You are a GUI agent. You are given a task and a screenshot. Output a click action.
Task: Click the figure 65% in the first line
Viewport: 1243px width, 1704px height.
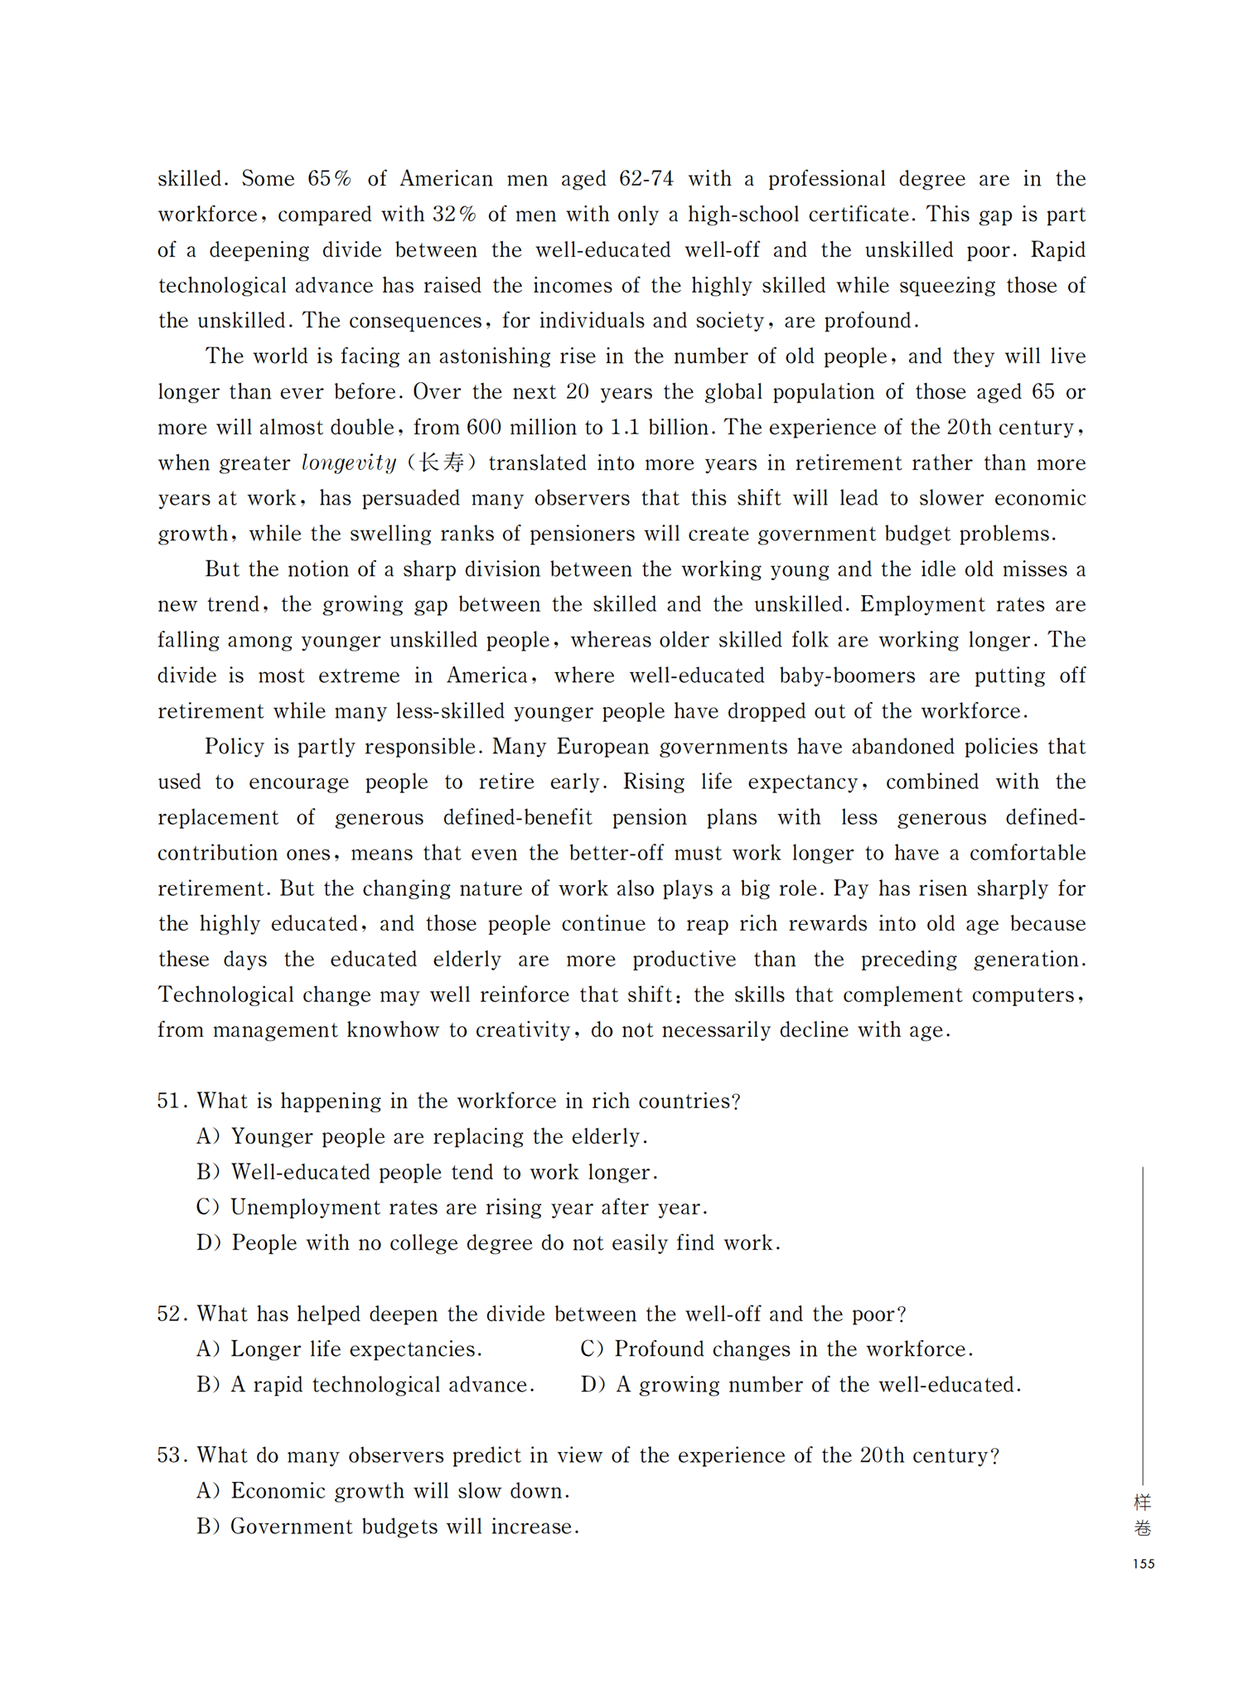pyautogui.click(x=330, y=179)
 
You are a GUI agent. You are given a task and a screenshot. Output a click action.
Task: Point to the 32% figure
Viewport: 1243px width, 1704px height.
pyautogui.click(x=454, y=215)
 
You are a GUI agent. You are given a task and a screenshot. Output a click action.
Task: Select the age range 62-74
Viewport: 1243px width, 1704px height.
pyautogui.click(x=646, y=179)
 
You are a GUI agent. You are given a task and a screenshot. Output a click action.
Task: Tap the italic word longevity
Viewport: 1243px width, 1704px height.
pyautogui.click(x=349, y=463)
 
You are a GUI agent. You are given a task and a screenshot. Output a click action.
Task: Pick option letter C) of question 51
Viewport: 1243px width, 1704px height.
pyautogui.click(x=207, y=1208)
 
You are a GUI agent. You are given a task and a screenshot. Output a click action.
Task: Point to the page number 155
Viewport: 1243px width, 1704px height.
pyautogui.click(x=1144, y=1564)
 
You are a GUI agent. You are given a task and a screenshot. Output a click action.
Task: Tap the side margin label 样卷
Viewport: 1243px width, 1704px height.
pyautogui.click(x=1143, y=1514)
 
